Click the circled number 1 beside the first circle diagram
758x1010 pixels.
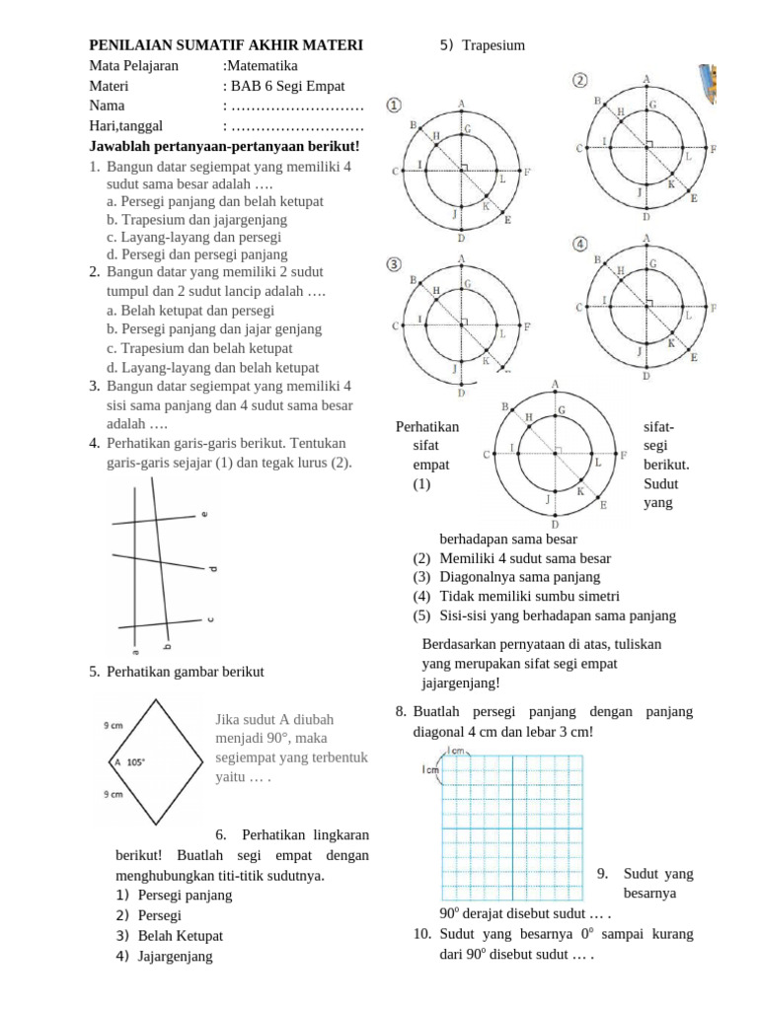click(394, 105)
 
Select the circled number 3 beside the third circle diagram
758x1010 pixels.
click(394, 264)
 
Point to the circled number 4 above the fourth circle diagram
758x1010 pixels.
click(580, 243)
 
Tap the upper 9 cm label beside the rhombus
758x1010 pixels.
click(113, 726)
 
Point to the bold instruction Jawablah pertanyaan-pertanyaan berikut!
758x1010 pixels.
click(224, 146)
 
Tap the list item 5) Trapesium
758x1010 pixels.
click(483, 45)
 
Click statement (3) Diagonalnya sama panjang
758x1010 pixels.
click(506, 577)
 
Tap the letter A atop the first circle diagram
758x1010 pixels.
click(461, 103)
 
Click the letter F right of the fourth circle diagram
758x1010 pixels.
click(713, 308)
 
